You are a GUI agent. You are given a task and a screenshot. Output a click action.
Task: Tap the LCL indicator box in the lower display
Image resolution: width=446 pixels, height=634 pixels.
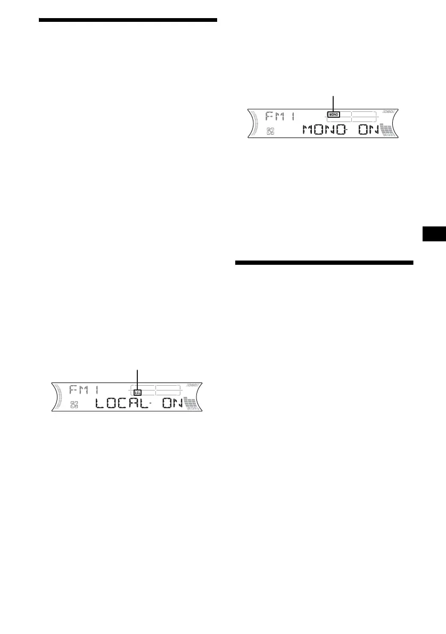coord(137,392)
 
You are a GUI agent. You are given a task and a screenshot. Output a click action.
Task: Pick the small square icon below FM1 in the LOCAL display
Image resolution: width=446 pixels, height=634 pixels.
coord(74,405)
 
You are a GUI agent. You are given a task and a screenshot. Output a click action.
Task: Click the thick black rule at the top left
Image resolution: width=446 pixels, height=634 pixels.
coord(128,20)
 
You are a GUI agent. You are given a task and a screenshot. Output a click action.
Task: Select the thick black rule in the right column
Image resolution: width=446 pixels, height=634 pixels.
coord(324,263)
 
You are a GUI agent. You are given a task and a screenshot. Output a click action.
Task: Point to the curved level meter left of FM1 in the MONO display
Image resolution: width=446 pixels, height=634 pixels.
coord(255,125)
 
